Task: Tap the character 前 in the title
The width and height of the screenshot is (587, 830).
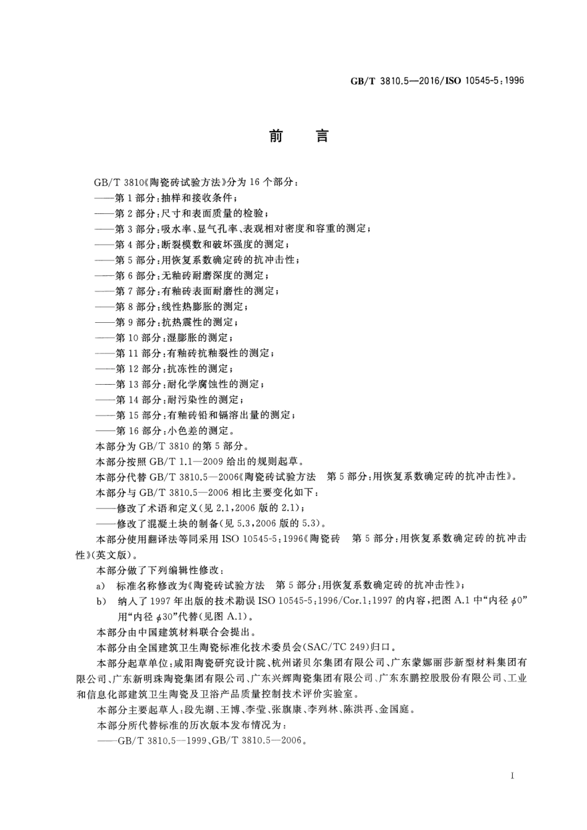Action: (276, 136)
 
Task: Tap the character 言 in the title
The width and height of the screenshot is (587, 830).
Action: (322, 136)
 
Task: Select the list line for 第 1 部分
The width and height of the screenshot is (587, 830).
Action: (167, 198)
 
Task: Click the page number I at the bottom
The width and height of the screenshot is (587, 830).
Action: (513, 776)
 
